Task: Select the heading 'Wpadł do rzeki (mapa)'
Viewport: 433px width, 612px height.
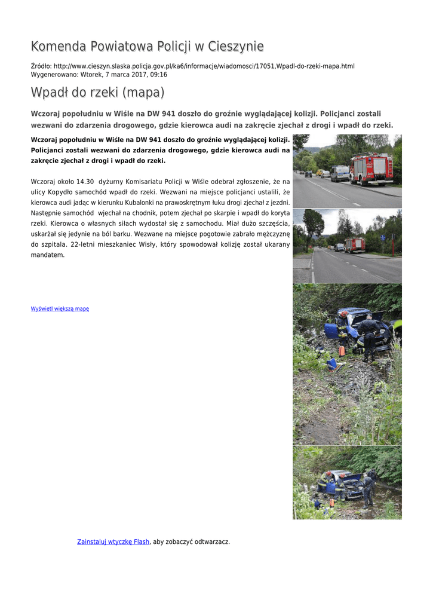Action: tap(97, 93)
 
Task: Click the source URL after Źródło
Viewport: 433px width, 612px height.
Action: tap(204, 66)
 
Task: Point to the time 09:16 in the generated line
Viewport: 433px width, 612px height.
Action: tap(158, 75)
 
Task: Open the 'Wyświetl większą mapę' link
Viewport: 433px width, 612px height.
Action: tap(60, 308)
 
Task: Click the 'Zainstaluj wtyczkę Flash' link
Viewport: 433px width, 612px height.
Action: tap(113, 541)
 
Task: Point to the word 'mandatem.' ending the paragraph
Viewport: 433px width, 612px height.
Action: tap(45, 255)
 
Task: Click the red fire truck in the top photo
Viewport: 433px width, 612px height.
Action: tap(371, 169)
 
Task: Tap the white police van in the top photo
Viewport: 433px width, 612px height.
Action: tap(340, 173)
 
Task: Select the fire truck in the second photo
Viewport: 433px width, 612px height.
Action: tap(355, 244)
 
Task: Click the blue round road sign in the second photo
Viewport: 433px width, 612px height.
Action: tap(383, 237)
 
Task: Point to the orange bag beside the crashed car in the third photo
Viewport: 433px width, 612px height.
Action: tap(342, 351)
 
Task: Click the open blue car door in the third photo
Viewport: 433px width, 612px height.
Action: tap(331, 331)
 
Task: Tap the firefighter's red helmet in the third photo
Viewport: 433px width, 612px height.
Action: tap(345, 313)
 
